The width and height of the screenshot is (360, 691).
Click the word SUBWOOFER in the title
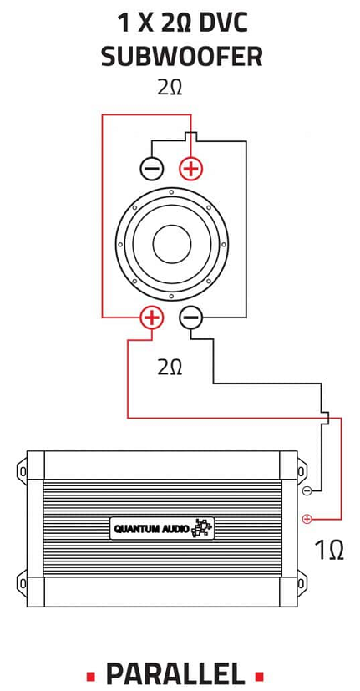click(181, 57)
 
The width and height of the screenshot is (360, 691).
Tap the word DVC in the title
click(223, 23)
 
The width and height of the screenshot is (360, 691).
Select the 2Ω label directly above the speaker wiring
click(170, 88)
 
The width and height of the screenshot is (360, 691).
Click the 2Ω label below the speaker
click(170, 367)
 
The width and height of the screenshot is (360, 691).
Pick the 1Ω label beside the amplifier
click(329, 550)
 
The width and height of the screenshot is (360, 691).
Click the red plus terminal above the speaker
click(190, 168)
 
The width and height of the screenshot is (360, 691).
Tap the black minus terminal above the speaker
click(152, 168)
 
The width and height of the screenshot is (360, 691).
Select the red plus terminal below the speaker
click(151, 318)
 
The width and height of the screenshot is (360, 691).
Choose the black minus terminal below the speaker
click(190, 318)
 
